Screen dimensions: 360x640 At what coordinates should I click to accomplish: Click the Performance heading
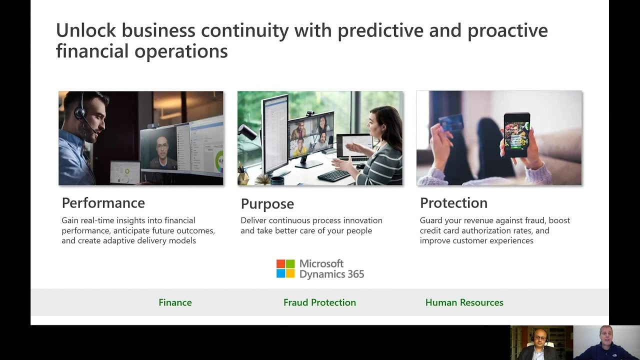103,203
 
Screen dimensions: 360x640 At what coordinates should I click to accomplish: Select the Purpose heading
267,204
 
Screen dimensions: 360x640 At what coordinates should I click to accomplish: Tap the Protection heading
453,203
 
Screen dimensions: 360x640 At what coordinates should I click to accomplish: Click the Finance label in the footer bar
175,302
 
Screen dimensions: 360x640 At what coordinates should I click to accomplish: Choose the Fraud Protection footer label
319,302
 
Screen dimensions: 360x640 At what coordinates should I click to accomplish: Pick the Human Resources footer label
464,302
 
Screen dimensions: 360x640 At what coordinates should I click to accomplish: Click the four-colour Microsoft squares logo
285,268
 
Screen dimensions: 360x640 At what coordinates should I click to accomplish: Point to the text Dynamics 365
331,274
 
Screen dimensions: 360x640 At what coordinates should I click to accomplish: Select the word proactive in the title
507,30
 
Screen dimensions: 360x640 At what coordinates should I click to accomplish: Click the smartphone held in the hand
516,134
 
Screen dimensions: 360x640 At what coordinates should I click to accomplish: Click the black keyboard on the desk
333,175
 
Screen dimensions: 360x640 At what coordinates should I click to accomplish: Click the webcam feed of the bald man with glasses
541,343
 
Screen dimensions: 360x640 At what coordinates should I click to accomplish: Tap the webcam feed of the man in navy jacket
606,343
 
